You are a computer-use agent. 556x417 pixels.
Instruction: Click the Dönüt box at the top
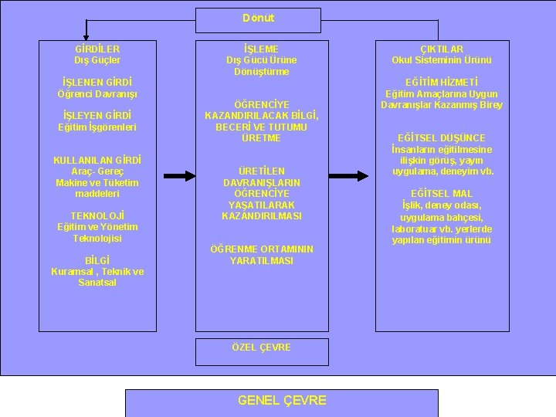[x=258, y=19]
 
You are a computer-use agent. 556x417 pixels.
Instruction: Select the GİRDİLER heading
[x=92, y=48]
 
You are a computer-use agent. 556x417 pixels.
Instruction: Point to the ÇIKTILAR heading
[x=442, y=48]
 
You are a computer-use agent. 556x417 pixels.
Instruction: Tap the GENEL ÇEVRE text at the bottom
[x=281, y=400]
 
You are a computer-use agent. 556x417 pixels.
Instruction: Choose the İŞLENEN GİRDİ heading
[x=92, y=81]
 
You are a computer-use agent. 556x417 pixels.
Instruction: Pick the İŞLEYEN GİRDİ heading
[x=92, y=115]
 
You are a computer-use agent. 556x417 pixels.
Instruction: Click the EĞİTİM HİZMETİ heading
[x=442, y=81]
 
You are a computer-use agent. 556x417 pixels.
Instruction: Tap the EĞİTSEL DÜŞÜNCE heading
[x=442, y=137]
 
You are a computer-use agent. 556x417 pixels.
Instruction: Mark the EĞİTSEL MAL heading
[x=442, y=193]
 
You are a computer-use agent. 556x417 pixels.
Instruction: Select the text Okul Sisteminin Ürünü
[x=442, y=59]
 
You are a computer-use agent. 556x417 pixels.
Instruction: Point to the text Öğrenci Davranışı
[x=92, y=93]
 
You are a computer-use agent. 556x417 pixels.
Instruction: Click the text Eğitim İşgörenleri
[x=92, y=127]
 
